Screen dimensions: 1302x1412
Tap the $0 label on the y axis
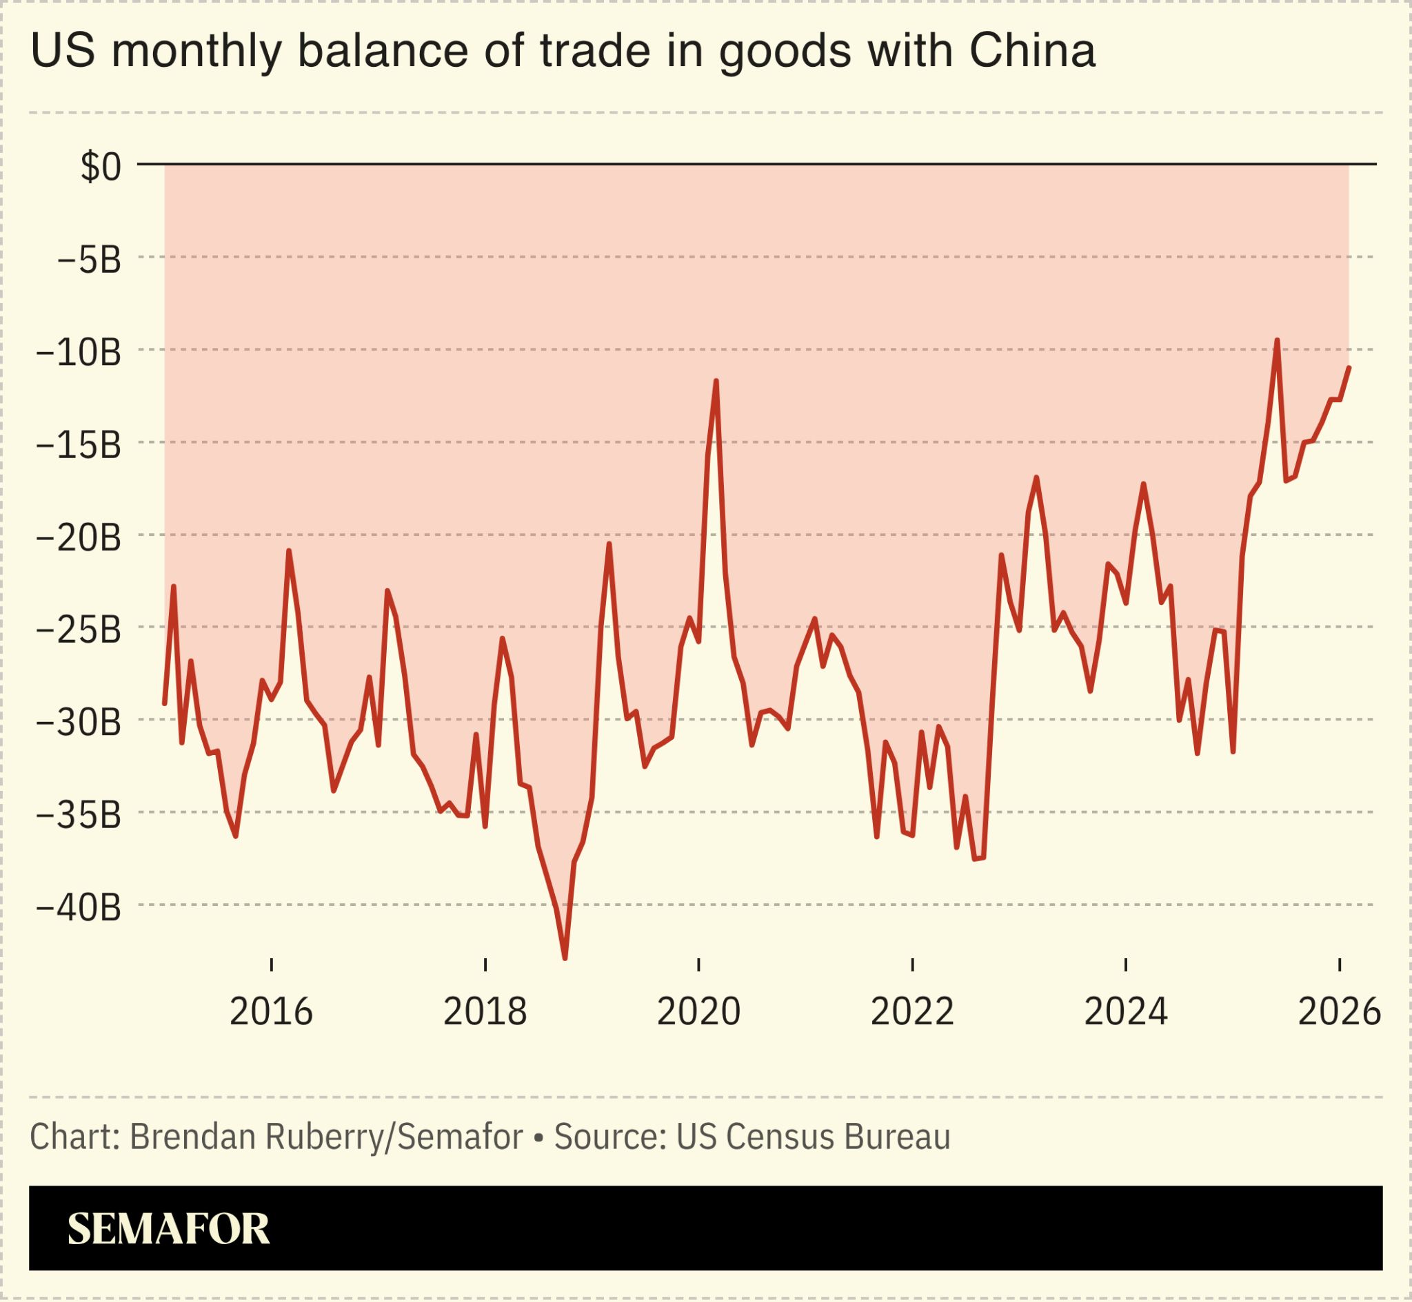point(101,167)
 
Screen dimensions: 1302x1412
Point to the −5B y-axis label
point(90,260)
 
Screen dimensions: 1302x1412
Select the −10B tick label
point(79,352)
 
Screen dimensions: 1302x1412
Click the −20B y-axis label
point(79,537)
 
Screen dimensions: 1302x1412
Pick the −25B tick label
point(79,630)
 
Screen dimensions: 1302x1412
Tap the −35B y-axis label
point(79,815)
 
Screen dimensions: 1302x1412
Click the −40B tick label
point(79,907)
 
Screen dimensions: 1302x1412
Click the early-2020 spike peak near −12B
point(716,381)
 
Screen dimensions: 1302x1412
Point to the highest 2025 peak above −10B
point(1277,340)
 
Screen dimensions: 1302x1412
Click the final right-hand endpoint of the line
point(1349,368)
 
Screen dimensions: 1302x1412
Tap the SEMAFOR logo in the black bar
point(168,1230)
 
